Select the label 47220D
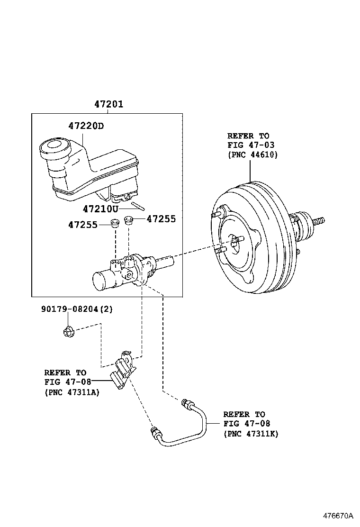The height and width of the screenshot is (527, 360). point(86,126)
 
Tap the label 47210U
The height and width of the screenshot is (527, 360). point(100,209)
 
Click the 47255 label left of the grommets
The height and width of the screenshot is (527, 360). point(82,225)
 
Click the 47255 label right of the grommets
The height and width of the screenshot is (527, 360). point(161,219)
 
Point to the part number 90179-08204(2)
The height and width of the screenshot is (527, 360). point(77,309)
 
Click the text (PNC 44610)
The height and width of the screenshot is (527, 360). point(252,155)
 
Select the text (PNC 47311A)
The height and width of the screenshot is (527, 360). point(72,392)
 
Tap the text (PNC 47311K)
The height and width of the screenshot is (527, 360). point(251,434)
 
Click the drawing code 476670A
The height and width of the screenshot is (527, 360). point(339,516)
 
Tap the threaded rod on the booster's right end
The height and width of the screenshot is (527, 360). point(319,221)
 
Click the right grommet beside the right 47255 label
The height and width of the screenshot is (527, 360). point(128,220)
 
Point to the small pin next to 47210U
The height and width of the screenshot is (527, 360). point(138,205)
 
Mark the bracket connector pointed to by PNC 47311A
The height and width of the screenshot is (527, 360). point(122,369)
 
